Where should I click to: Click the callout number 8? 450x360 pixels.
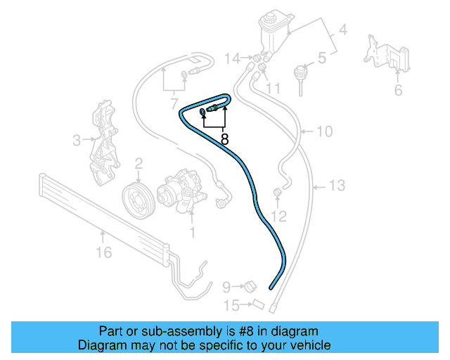pyautogui.click(x=224, y=139)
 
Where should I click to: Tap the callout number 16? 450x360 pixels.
pyautogui.click(x=103, y=252)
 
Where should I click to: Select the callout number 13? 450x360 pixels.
pyautogui.click(x=337, y=186)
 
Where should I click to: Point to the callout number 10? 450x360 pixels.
pyautogui.click(x=324, y=131)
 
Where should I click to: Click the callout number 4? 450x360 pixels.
pyautogui.click(x=344, y=30)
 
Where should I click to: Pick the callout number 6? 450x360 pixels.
pyautogui.click(x=398, y=89)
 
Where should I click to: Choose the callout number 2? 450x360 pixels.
pyautogui.click(x=139, y=164)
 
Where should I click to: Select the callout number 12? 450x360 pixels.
pyautogui.click(x=279, y=215)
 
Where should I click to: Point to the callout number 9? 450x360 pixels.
pyautogui.click(x=226, y=287)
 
